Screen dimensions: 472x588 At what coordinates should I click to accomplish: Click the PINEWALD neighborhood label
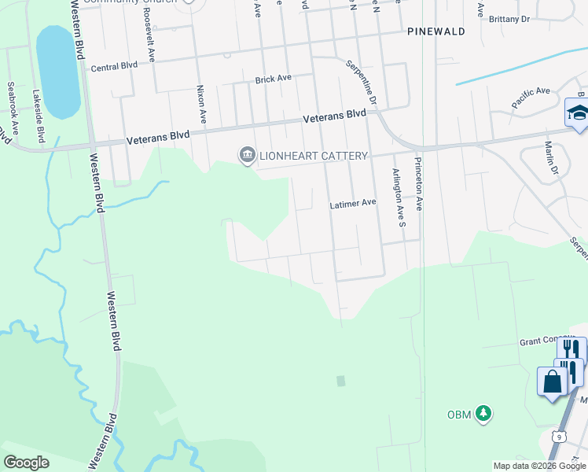(436, 31)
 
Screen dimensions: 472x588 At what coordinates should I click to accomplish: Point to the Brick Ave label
(273, 79)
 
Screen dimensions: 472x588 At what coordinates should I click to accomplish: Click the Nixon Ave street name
(201, 105)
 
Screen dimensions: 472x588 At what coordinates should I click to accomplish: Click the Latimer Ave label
(352, 203)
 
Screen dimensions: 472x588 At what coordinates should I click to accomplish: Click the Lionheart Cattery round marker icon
(247, 155)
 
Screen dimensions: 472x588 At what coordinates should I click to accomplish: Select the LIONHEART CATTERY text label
(312, 156)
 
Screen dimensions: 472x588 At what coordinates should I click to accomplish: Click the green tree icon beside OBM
(484, 413)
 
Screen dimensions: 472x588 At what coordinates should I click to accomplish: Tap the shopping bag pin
(553, 382)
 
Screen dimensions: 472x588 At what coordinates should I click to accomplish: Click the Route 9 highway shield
(557, 436)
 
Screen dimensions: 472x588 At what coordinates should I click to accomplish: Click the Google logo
(26, 463)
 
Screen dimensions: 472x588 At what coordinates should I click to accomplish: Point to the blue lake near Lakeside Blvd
(58, 71)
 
